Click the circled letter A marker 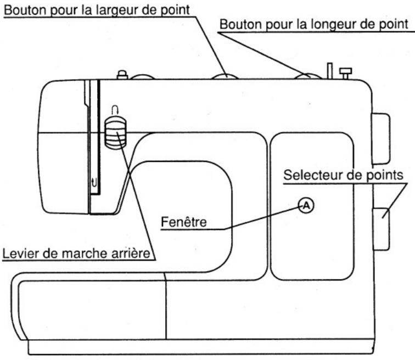click(306, 205)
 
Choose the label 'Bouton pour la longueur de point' click(315, 25)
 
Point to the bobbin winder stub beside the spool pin click(345, 72)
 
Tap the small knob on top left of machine click(122, 74)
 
